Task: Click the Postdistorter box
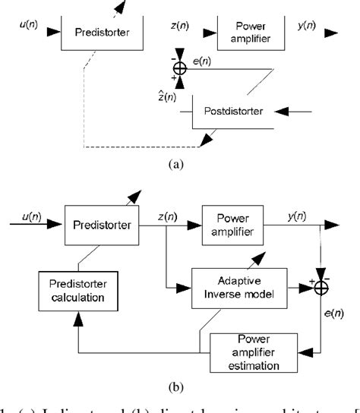coord(234,112)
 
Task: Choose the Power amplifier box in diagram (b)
coord(238,225)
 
